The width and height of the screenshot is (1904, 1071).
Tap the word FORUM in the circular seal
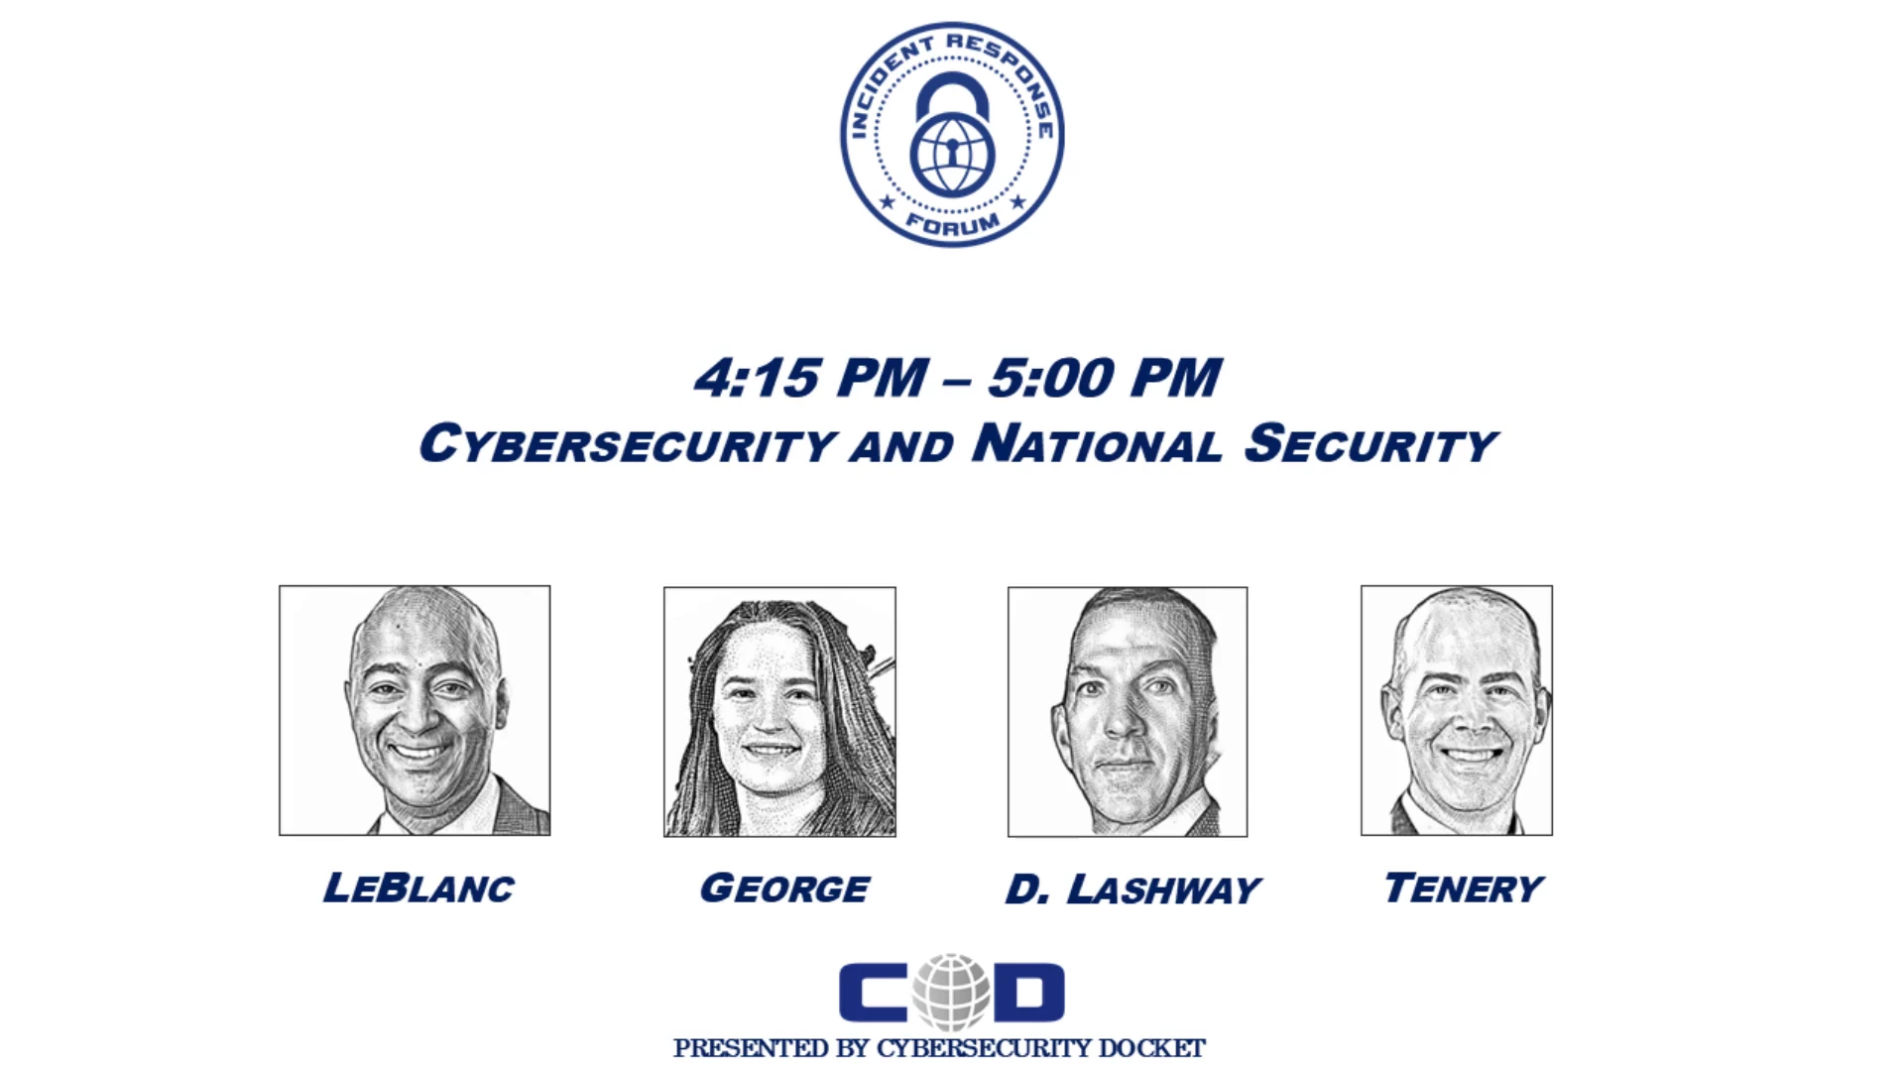[953, 222]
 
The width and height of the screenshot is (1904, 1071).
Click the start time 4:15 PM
[811, 379]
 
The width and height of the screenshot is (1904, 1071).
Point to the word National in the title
[1098, 443]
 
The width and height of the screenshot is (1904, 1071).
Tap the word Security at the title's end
[1370, 443]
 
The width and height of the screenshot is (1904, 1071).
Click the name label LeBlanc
[418, 888]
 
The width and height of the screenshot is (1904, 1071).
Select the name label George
[784, 888]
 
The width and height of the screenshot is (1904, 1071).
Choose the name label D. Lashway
[1132, 890]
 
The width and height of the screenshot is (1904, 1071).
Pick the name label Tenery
[1464, 888]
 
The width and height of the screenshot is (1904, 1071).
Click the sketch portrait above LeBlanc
[415, 710]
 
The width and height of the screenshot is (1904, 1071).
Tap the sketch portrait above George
[779, 712]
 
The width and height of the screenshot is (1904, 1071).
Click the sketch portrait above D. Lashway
[1128, 712]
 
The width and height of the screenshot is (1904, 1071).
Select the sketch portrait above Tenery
[1457, 710]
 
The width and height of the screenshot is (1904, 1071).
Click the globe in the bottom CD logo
[952, 992]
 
